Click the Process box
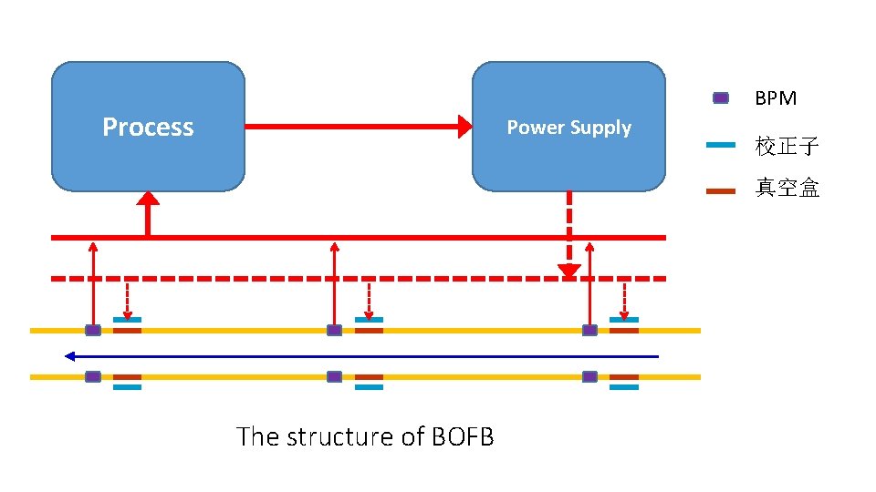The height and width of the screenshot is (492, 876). pyautogui.click(x=148, y=127)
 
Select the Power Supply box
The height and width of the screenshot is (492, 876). pyautogui.click(x=568, y=127)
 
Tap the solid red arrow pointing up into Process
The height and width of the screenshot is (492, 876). pyautogui.click(x=147, y=211)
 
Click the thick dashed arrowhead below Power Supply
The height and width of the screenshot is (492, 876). pyautogui.click(x=569, y=271)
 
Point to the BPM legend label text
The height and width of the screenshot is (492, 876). pyautogui.click(x=776, y=98)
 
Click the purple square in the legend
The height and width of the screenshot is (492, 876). pyautogui.click(x=721, y=98)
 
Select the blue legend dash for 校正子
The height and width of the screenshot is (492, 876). pyautogui.click(x=721, y=145)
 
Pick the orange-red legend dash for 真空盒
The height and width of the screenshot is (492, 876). pyautogui.click(x=721, y=190)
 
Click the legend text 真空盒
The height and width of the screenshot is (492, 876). pyautogui.click(x=787, y=189)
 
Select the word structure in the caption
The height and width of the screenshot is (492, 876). pyautogui.click(x=340, y=437)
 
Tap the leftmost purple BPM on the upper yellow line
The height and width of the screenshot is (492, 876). pyautogui.click(x=93, y=330)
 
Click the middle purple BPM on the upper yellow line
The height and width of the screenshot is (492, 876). pyautogui.click(x=335, y=330)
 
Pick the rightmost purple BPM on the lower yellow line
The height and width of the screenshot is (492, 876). pyautogui.click(x=589, y=376)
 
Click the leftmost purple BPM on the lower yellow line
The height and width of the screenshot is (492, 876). pyautogui.click(x=93, y=376)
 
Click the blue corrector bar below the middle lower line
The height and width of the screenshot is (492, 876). pyautogui.click(x=369, y=387)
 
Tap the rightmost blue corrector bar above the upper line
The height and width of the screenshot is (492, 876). pyautogui.click(x=624, y=320)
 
